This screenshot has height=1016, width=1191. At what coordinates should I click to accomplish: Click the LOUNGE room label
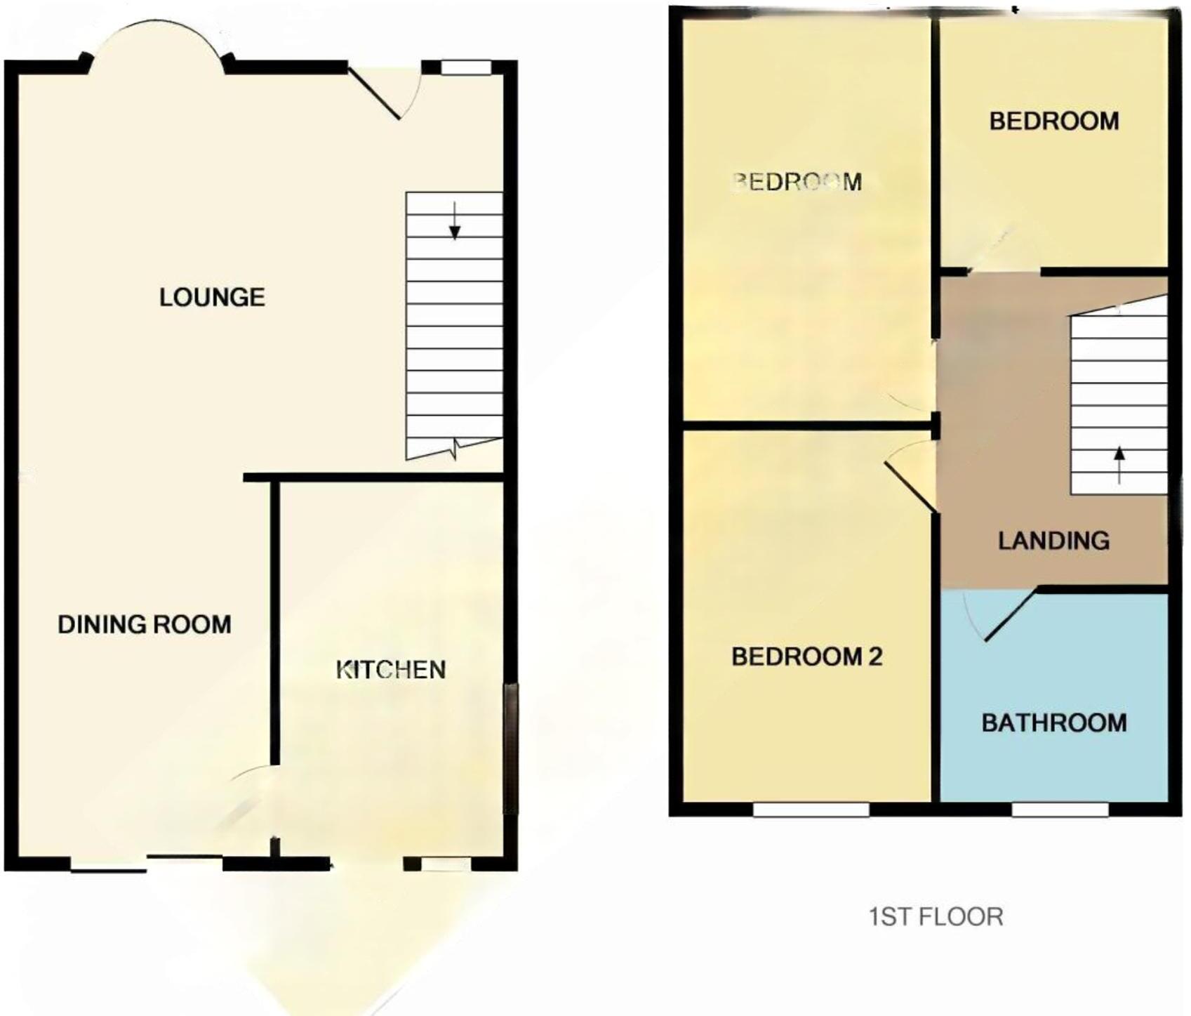pos(212,298)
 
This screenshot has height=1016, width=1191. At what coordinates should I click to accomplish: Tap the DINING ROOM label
pos(145,624)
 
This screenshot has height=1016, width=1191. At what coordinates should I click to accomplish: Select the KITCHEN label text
pos(391,670)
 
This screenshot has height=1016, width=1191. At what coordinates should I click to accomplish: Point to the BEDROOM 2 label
pos(806,657)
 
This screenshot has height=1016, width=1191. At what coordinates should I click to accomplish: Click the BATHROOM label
pos(1053,723)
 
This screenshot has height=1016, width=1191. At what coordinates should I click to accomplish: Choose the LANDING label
pos(1053,540)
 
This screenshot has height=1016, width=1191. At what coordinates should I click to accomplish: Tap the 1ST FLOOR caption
pos(936,916)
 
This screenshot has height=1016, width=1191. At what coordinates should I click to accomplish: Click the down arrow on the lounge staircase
pos(455,221)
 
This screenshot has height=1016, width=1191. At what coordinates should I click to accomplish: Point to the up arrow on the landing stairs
pos(1119,464)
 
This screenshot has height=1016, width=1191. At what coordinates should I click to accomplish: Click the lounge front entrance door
pos(375,93)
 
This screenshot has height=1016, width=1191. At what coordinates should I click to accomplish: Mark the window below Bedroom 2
pos(811,810)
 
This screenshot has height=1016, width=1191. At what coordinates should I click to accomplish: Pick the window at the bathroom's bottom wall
pos(1060,810)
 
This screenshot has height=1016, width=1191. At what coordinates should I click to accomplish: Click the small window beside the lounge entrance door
pos(466,67)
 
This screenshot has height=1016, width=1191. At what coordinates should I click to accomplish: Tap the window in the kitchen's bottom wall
pos(447,864)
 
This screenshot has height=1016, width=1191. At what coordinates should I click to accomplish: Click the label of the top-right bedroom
pos(1053,121)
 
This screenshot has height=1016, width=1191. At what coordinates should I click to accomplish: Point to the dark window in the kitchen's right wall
pos(512,748)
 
